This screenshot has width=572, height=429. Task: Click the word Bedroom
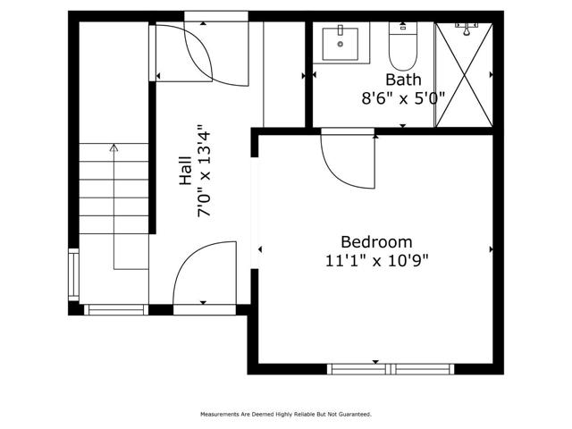click(376, 241)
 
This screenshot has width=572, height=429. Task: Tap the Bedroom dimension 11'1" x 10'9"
click(376, 260)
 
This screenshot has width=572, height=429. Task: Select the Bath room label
click(402, 79)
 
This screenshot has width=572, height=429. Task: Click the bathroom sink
click(340, 44)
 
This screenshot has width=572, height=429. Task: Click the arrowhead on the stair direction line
click(114, 147)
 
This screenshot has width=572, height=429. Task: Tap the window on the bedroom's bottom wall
click(390, 368)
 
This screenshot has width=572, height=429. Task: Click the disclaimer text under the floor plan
click(285, 415)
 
